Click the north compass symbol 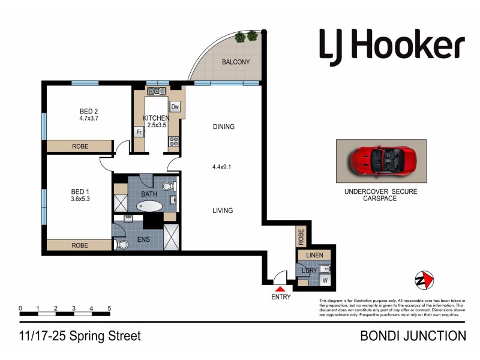click(x=424, y=280)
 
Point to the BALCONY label click(x=236, y=62)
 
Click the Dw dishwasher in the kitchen click(x=175, y=107)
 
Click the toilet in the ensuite click(x=122, y=245)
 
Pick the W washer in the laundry click(x=325, y=280)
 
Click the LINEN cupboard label click(x=314, y=255)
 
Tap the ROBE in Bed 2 click(x=80, y=146)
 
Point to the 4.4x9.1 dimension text click(x=223, y=168)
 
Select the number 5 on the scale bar click(x=109, y=309)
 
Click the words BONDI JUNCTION click(x=413, y=336)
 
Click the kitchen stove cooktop click(x=174, y=142)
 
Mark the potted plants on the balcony click(x=247, y=37)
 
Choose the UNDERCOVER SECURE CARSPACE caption click(x=380, y=194)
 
